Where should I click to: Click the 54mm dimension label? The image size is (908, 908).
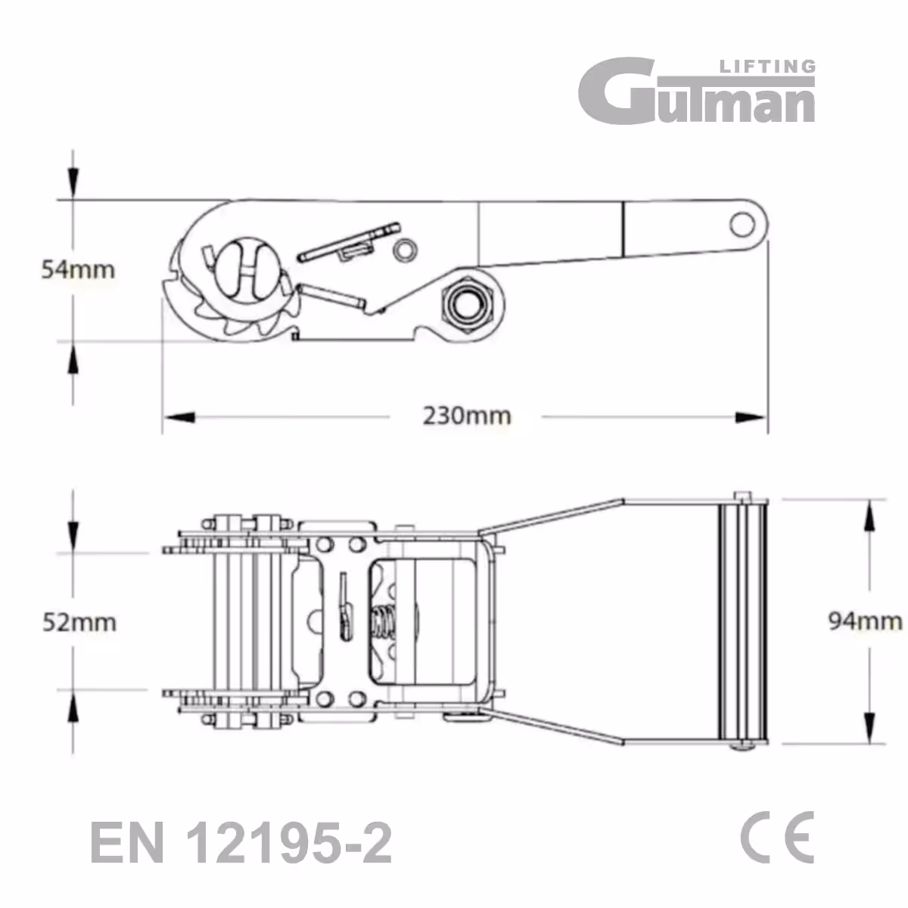point(78,269)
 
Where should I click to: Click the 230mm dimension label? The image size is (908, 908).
point(466,415)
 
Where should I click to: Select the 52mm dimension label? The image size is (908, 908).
point(79,622)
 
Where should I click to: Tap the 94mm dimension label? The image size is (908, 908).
point(864,621)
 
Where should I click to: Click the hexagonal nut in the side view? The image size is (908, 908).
point(468,301)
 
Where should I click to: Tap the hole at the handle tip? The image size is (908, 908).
point(742,224)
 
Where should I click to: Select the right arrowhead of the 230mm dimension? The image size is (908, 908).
point(751,416)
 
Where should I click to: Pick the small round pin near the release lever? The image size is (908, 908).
point(406,248)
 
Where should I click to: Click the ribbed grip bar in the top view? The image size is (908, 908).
point(742,621)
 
